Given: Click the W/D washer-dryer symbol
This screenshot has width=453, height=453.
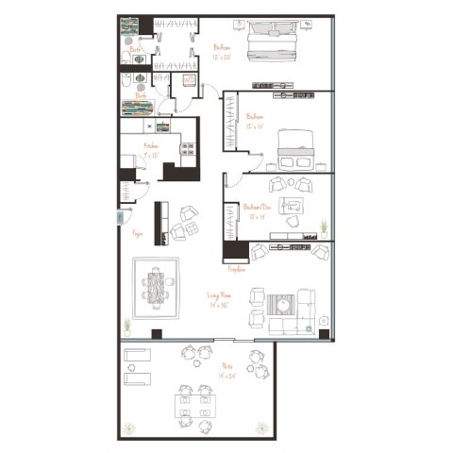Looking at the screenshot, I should (189, 82).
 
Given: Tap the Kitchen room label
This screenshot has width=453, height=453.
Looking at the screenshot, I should (151, 146).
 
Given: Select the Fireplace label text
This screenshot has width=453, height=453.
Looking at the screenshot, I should (236, 269).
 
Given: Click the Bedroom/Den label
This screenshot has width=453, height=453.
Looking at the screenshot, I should (256, 210).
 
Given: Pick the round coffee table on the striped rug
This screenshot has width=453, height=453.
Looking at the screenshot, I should (282, 305).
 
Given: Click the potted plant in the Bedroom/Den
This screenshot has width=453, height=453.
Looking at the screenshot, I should (324, 227).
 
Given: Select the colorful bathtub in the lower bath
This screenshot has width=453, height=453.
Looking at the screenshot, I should (138, 107).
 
